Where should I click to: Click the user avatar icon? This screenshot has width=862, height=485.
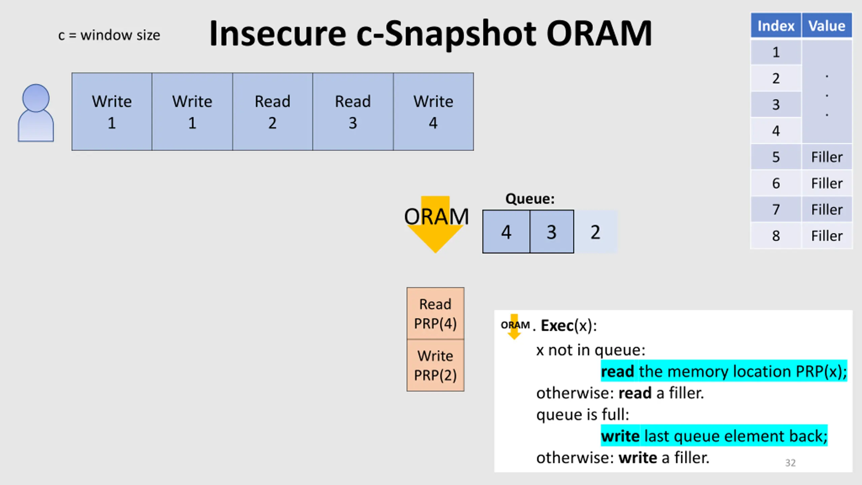pos(36,113)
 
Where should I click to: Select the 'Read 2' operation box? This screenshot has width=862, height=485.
pos(272,111)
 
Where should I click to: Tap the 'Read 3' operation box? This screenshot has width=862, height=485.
pos(353,111)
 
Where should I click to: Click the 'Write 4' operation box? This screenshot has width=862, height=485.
pos(433,111)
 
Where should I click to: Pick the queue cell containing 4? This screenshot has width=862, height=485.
pos(506,232)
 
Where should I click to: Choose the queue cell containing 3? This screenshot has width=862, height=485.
pos(552,232)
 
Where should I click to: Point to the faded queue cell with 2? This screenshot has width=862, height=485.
pos(596,232)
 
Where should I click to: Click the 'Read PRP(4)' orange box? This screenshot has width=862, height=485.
pos(435,313)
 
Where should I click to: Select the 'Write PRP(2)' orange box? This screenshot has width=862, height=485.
pos(435,365)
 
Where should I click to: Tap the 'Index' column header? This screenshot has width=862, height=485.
pos(776,26)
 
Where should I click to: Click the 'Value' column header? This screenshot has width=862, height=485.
pos(827,26)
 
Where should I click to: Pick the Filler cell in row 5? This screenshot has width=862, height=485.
pos(827,157)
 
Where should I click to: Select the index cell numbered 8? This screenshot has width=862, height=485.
pos(776,236)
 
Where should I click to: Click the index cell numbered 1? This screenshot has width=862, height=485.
pos(776,52)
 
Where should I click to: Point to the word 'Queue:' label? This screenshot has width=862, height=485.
pos(530,199)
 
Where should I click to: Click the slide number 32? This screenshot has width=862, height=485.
pos(790,463)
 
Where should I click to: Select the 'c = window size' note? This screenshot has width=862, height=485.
pos(109,35)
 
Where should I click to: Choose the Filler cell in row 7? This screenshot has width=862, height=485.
pos(827,209)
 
